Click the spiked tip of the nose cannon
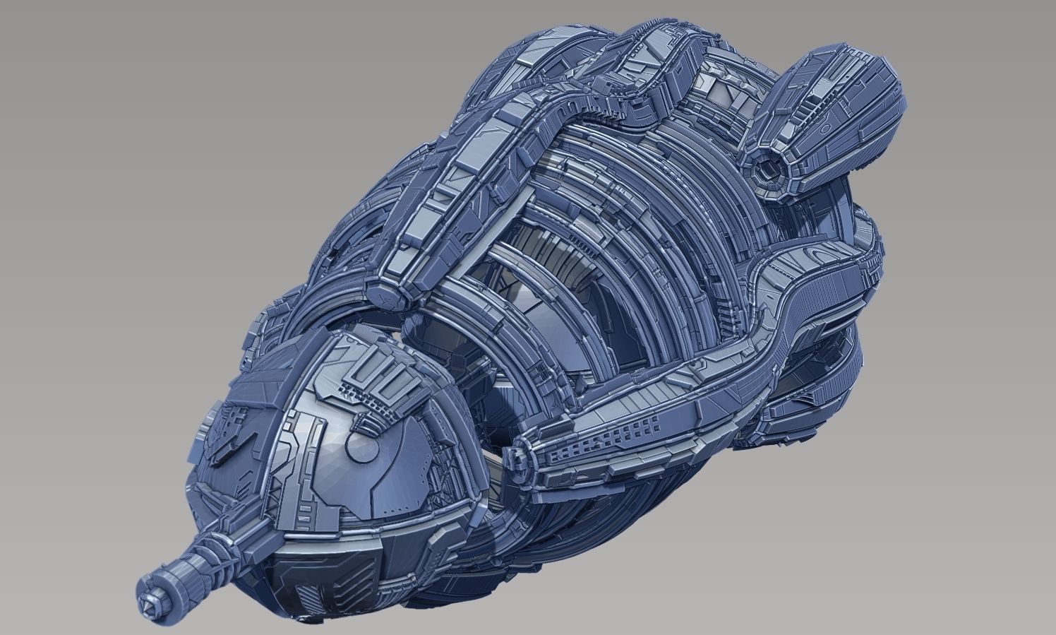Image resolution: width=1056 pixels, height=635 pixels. tap(150, 586)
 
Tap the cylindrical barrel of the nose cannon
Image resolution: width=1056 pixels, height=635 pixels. tap(176, 569)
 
